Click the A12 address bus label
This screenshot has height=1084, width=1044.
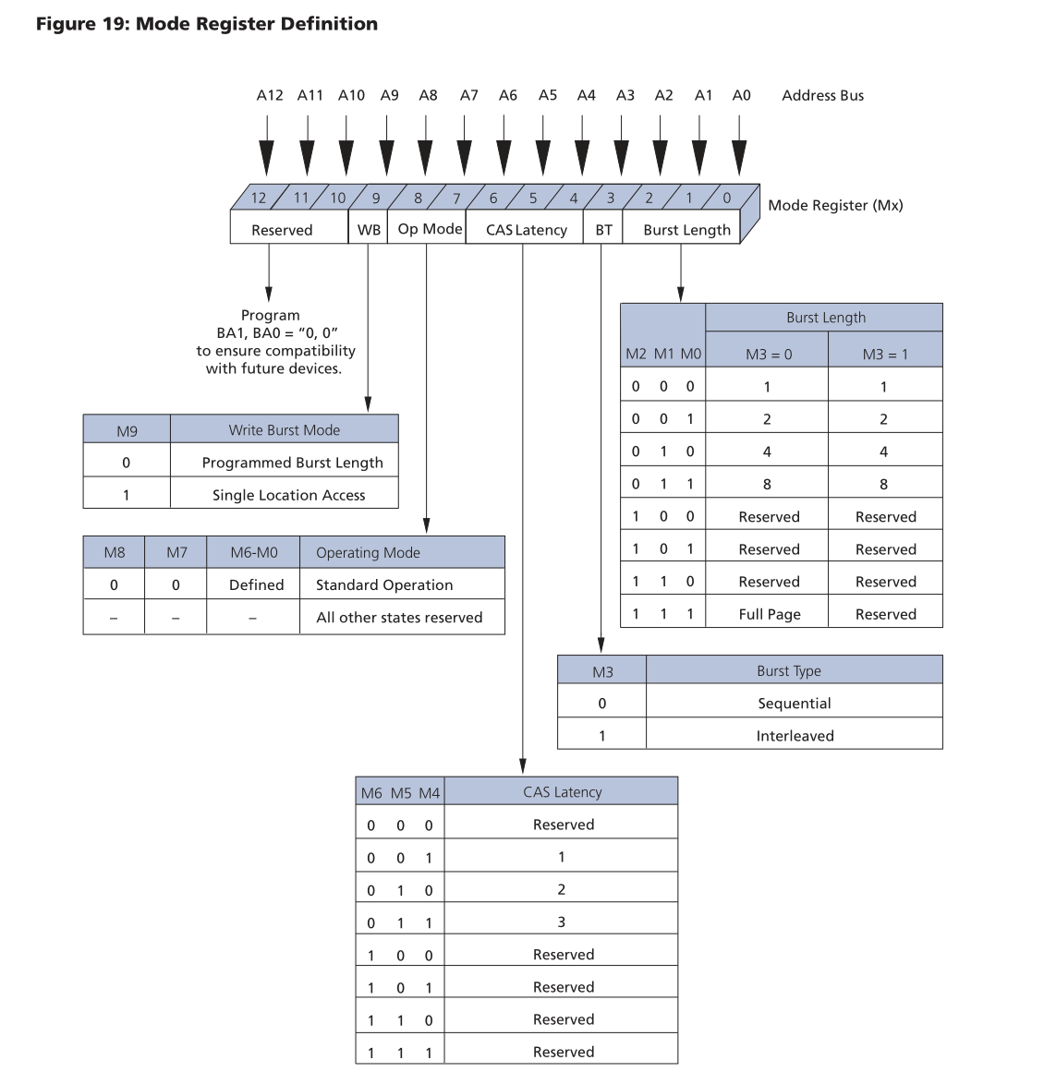click(269, 95)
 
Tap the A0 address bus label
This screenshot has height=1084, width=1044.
click(741, 95)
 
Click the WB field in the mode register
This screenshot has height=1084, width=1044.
click(369, 230)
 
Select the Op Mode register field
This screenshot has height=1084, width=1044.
click(430, 229)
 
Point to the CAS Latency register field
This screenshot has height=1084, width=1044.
click(526, 230)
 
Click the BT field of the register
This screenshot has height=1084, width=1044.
click(603, 230)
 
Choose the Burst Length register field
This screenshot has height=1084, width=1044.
click(686, 230)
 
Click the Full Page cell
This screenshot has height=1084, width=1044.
click(769, 614)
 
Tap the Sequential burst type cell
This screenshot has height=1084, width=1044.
click(794, 704)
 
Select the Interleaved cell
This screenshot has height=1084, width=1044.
click(795, 736)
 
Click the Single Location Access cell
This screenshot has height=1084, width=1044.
click(288, 495)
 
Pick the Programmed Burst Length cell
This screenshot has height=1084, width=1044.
click(292, 463)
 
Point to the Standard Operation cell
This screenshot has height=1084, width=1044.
click(384, 585)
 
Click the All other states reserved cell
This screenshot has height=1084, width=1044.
click(399, 618)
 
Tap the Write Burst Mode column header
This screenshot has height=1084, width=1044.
click(285, 430)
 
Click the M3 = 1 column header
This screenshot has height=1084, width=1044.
click(885, 355)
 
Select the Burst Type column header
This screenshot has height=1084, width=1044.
click(789, 671)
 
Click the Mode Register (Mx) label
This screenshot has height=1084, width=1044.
click(835, 205)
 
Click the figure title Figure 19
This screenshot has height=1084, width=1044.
click(207, 24)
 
